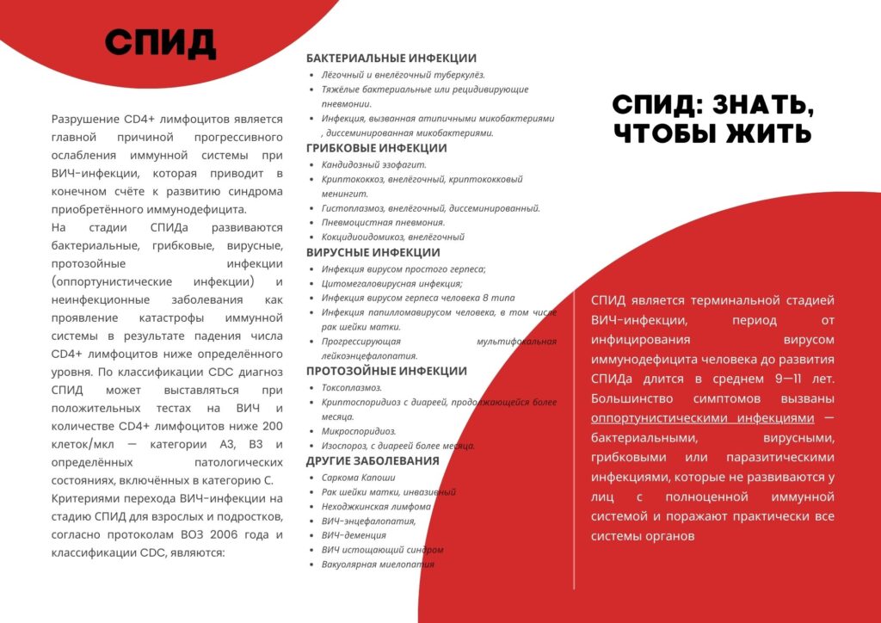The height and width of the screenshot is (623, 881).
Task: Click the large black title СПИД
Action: coord(161,42)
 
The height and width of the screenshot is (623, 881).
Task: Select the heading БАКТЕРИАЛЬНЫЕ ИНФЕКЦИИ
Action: coord(391,59)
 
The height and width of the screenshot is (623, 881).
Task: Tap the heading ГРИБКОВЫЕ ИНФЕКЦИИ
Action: coord(377,148)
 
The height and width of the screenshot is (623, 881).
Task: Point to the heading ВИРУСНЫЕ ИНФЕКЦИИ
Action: coord(373,253)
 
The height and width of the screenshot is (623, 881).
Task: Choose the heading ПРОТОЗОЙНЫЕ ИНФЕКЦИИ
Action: coord(386,372)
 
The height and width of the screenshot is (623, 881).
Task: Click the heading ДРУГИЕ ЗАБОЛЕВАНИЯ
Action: coord(373,461)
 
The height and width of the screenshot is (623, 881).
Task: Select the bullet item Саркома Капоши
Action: coord(359,478)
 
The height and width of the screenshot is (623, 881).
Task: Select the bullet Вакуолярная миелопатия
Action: coord(378,564)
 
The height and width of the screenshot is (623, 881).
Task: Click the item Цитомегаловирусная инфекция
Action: coord(392,284)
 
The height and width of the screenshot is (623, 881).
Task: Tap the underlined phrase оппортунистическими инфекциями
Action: coord(702,418)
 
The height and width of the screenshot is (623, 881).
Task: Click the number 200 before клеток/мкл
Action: coord(270,426)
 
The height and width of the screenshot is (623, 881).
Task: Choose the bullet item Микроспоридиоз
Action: coord(359,431)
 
